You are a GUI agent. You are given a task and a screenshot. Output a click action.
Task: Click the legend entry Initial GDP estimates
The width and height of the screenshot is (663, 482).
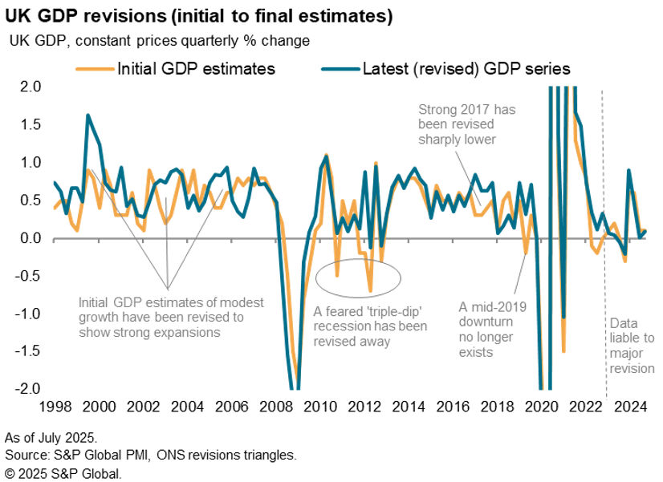point(196,69)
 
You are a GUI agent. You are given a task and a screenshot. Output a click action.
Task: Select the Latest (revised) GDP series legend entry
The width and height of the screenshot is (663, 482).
point(466,69)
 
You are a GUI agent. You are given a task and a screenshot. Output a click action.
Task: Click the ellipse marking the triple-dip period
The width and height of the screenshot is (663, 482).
point(358,276)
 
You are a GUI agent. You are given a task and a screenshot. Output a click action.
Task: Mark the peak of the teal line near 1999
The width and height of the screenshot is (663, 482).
point(87,115)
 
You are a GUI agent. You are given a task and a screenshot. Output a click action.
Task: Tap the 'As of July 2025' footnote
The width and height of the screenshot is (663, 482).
point(50,437)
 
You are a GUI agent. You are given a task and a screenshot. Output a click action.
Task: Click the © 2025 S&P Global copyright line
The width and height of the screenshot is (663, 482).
point(63,472)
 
